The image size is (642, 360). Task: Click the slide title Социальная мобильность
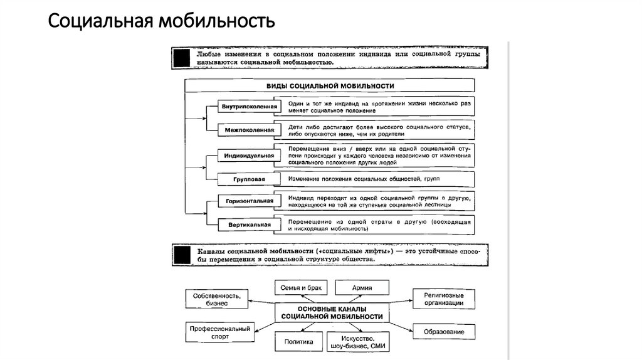click(x=161, y=24)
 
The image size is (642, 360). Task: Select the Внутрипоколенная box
click(x=248, y=107)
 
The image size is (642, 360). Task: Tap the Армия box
click(x=362, y=288)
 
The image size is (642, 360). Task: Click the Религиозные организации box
click(x=443, y=299)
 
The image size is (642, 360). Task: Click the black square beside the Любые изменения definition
click(x=181, y=59)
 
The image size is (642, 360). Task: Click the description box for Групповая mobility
click(x=376, y=179)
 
